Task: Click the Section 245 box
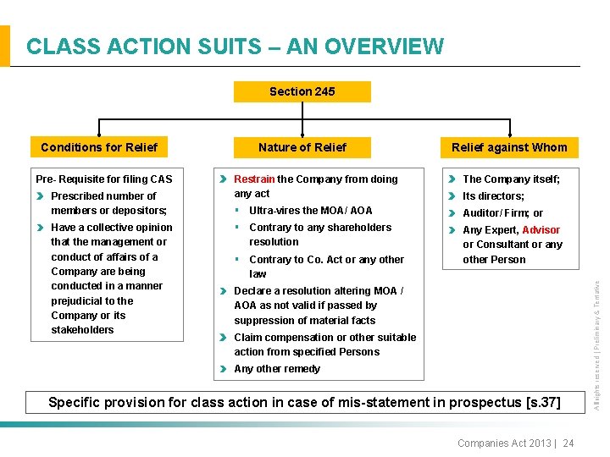click(x=302, y=91)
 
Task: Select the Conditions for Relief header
click(x=99, y=147)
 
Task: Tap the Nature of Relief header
click(x=302, y=147)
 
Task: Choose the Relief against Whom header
click(x=509, y=147)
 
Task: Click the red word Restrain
click(x=254, y=179)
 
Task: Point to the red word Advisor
click(x=541, y=230)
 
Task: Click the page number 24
click(x=568, y=443)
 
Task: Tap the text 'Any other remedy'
click(x=277, y=369)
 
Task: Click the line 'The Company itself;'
click(x=511, y=179)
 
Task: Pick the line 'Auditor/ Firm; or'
click(x=502, y=213)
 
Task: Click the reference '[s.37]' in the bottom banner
click(x=541, y=402)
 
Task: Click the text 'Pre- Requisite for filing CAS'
click(x=103, y=179)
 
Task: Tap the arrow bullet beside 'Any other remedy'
click(x=224, y=369)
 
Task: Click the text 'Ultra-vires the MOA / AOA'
click(x=310, y=210)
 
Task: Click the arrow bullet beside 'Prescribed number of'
click(x=41, y=196)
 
